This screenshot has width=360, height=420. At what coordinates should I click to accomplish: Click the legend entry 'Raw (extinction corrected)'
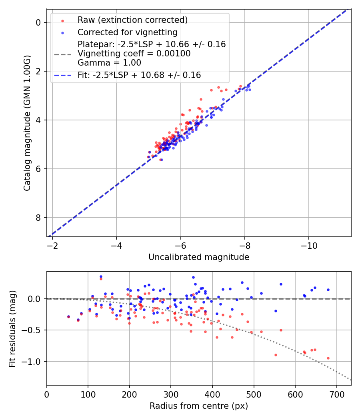(132, 20)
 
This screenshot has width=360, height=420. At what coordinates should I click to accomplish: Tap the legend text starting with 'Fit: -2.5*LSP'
(139, 75)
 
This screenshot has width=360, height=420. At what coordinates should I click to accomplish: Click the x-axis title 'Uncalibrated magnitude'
(199, 257)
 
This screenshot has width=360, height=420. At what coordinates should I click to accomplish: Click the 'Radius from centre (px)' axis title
(199, 406)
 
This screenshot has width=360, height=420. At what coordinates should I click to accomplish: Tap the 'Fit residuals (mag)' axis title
(13, 328)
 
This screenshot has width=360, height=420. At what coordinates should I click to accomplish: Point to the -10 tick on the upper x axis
(309, 245)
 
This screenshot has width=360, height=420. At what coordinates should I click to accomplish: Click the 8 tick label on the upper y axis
(38, 218)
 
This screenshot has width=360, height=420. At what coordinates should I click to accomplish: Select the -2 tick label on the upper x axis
(52, 245)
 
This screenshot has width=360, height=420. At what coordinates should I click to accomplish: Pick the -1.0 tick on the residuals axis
(34, 362)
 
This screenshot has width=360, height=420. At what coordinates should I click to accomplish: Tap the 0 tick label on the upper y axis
(38, 22)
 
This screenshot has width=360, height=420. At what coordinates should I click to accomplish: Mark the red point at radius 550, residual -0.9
(276, 355)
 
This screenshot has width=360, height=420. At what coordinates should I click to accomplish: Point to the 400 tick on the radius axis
(212, 394)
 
